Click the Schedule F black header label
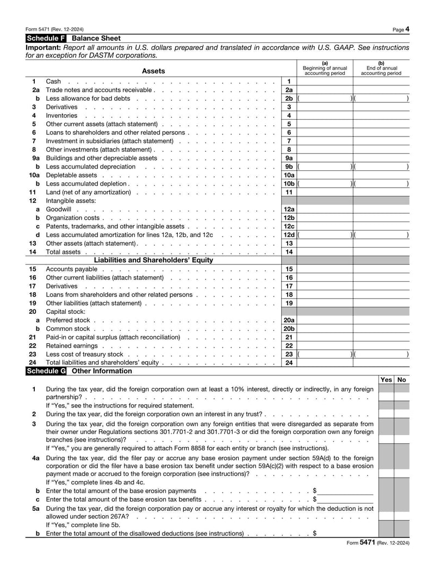(x=46, y=39)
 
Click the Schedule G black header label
(x=46, y=371)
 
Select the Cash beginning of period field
(x=325, y=82)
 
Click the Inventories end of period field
(x=381, y=115)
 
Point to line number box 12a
(x=289, y=209)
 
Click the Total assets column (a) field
(x=325, y=252)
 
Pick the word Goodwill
(x=58, y=209)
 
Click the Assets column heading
(x=153, y=71)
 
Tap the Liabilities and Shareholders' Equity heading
(x=153, y=260)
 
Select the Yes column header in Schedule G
(x=386, y=380)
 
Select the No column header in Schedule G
(x=402, y=380)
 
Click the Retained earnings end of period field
(x=381, y=345)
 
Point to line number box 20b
(x=289, y=329)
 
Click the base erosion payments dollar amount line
(x=346, y=491)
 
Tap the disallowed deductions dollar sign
(x=315, y=534)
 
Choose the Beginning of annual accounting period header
(x=325, y=69)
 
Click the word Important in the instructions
(x=43, y=47)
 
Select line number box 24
(x=289, y=363)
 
